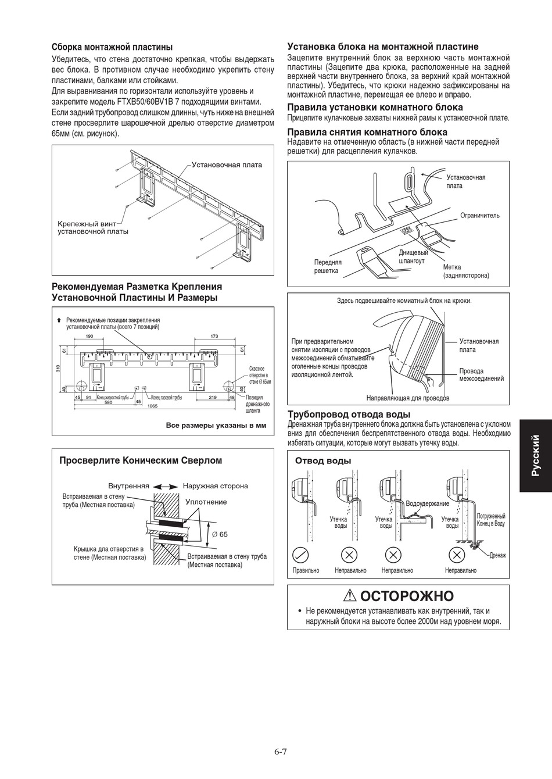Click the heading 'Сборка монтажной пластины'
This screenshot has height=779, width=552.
click(112, 47)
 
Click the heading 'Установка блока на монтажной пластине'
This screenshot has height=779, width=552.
click(383, 47)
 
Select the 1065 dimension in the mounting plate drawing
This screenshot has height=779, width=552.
click(153, 406)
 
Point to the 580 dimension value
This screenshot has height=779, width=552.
click(108, 402)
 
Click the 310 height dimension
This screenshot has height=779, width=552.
click(58, 369)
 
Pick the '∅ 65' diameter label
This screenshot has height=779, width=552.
click(220, 534)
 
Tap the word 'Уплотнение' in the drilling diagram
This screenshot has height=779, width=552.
click(206, 502)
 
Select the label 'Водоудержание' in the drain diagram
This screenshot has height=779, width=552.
click(427, 503)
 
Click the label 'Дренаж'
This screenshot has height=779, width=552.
click(497, 555)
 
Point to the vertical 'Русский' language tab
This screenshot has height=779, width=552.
click(536, 456)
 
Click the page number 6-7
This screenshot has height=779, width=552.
click(281, 751)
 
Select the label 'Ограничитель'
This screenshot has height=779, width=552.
click(479, 216)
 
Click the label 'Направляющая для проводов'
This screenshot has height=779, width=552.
click(407, 398)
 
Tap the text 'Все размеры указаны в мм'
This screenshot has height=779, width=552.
click(216, 426)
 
